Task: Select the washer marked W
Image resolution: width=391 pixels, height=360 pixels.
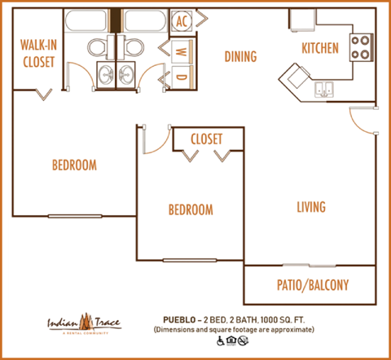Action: click(181, 50)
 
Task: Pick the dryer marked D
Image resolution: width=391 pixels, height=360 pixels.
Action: click(181, 78)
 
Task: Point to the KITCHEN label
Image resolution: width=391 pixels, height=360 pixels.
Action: click(319, 48)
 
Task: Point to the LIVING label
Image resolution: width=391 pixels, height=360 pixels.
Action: click(310, 207)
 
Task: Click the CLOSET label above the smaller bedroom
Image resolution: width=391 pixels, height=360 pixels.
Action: click(206, 139)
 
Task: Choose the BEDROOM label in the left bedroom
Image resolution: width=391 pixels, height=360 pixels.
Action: click(74, 165)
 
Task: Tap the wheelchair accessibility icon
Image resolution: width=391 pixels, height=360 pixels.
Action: click(220, 341)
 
